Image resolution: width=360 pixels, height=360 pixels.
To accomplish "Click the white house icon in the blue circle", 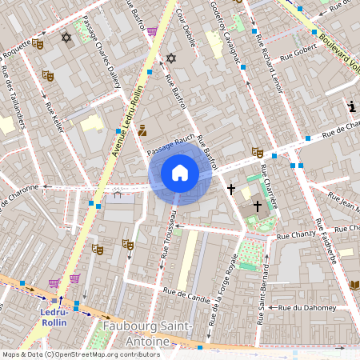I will click(180, 173).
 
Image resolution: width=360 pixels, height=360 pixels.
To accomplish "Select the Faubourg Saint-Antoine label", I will click(148, 334).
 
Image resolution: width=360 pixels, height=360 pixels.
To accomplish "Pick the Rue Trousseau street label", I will click(167, 234).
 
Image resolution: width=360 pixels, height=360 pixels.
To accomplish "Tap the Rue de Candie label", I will click(187, 295).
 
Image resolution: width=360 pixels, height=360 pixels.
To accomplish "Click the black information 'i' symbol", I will click(351, 106).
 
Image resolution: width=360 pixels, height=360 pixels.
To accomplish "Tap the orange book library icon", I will click(354, 285).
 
